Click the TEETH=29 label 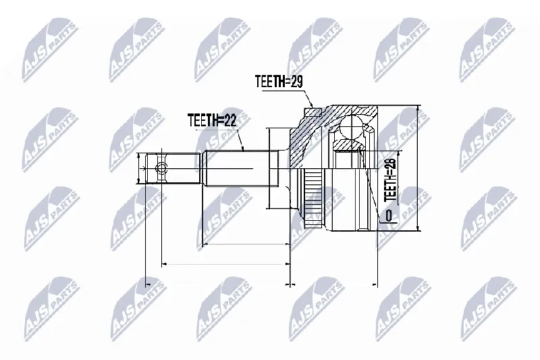(279, 82)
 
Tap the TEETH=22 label (212, 121)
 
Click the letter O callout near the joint (389, 215)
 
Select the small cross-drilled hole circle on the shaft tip (161, 169)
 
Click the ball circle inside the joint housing (351, 127)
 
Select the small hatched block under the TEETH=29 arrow (313, 112)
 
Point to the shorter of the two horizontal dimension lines (246, 245)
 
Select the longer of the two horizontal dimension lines (226, 264)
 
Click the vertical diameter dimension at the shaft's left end (139, 168)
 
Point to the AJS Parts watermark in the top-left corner (51, 50)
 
